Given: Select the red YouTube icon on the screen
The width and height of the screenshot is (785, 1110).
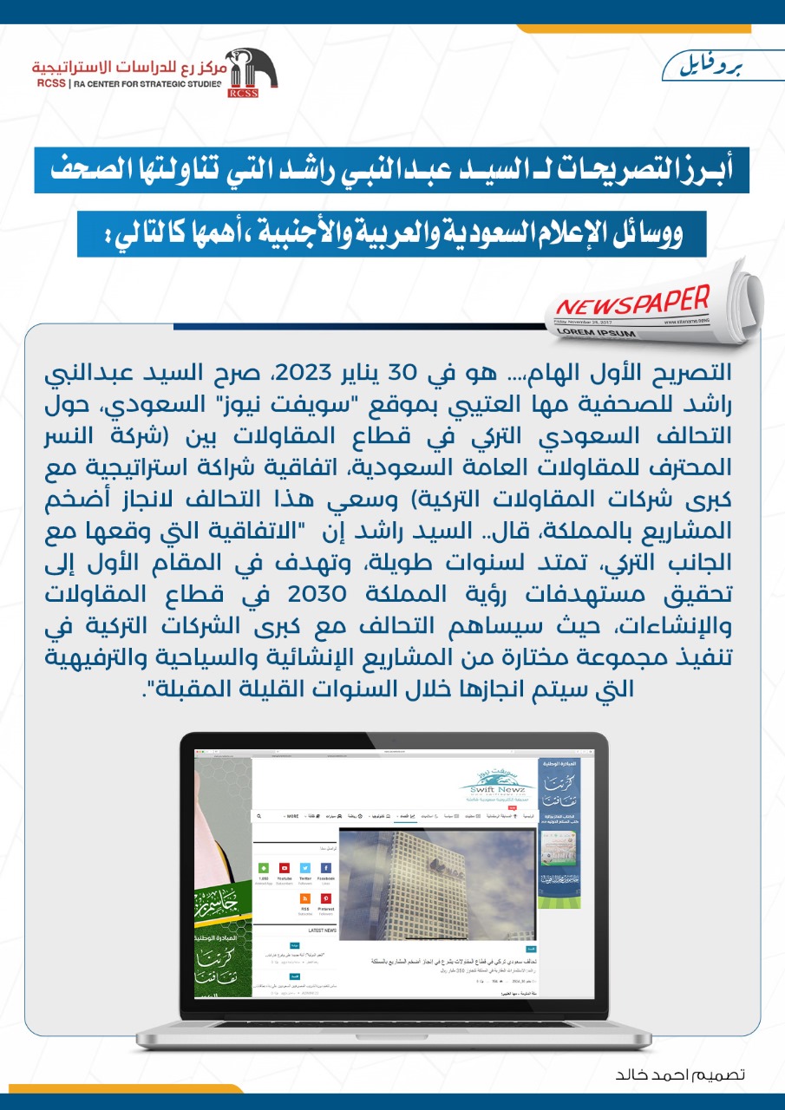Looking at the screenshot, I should [284, 868].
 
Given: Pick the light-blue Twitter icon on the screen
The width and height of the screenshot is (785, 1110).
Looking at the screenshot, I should [305, 868].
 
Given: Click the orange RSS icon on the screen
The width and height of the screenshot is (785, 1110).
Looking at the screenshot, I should [305, 898].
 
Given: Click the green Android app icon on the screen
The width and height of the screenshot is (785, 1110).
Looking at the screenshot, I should [263, 868].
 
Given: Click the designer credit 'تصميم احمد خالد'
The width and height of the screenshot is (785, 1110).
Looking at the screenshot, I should [680, 1074].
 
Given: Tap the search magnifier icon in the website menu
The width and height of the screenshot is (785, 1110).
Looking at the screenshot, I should [259, 816].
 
